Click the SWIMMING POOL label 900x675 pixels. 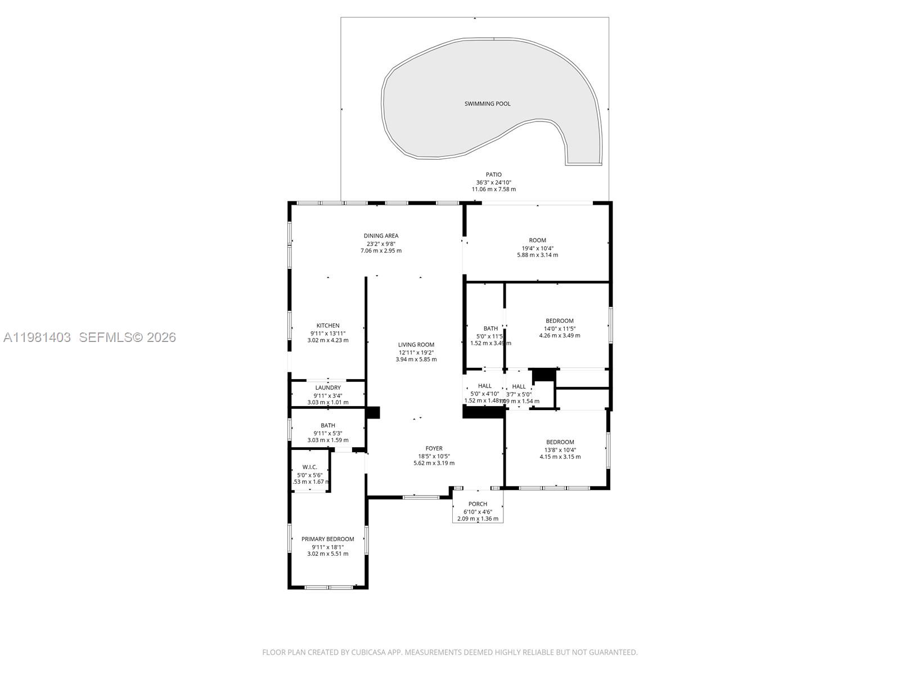[x=487, y=103]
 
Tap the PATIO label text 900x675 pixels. [x=493, y=174]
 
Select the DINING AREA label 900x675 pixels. [x=381, y=236]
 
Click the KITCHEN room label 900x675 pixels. [x=328, y=326]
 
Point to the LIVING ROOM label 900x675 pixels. [x=416, y=345]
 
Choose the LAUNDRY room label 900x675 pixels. [x=328, y=388]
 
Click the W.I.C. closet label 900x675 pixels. [x=310, y=467]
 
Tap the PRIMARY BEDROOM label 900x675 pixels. [x=328, y=539]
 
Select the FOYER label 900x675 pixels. [x=434, y=448]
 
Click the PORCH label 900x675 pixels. [x=478, y=504]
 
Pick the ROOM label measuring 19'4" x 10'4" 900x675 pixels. [x=537, y=240]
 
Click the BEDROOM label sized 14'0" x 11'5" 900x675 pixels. [x=559, y=321]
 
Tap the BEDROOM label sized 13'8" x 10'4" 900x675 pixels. [x=560, y=442]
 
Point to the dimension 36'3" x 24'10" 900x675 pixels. [x=493, y=182]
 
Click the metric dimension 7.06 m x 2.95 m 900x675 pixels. [x=381, y=251]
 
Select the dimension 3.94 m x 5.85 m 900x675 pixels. [x=416, y=359]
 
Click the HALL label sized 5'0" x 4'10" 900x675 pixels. [x=484, y=386]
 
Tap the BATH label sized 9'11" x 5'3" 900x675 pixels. [x=328, y=425]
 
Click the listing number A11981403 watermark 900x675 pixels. [x=37, y=337]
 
